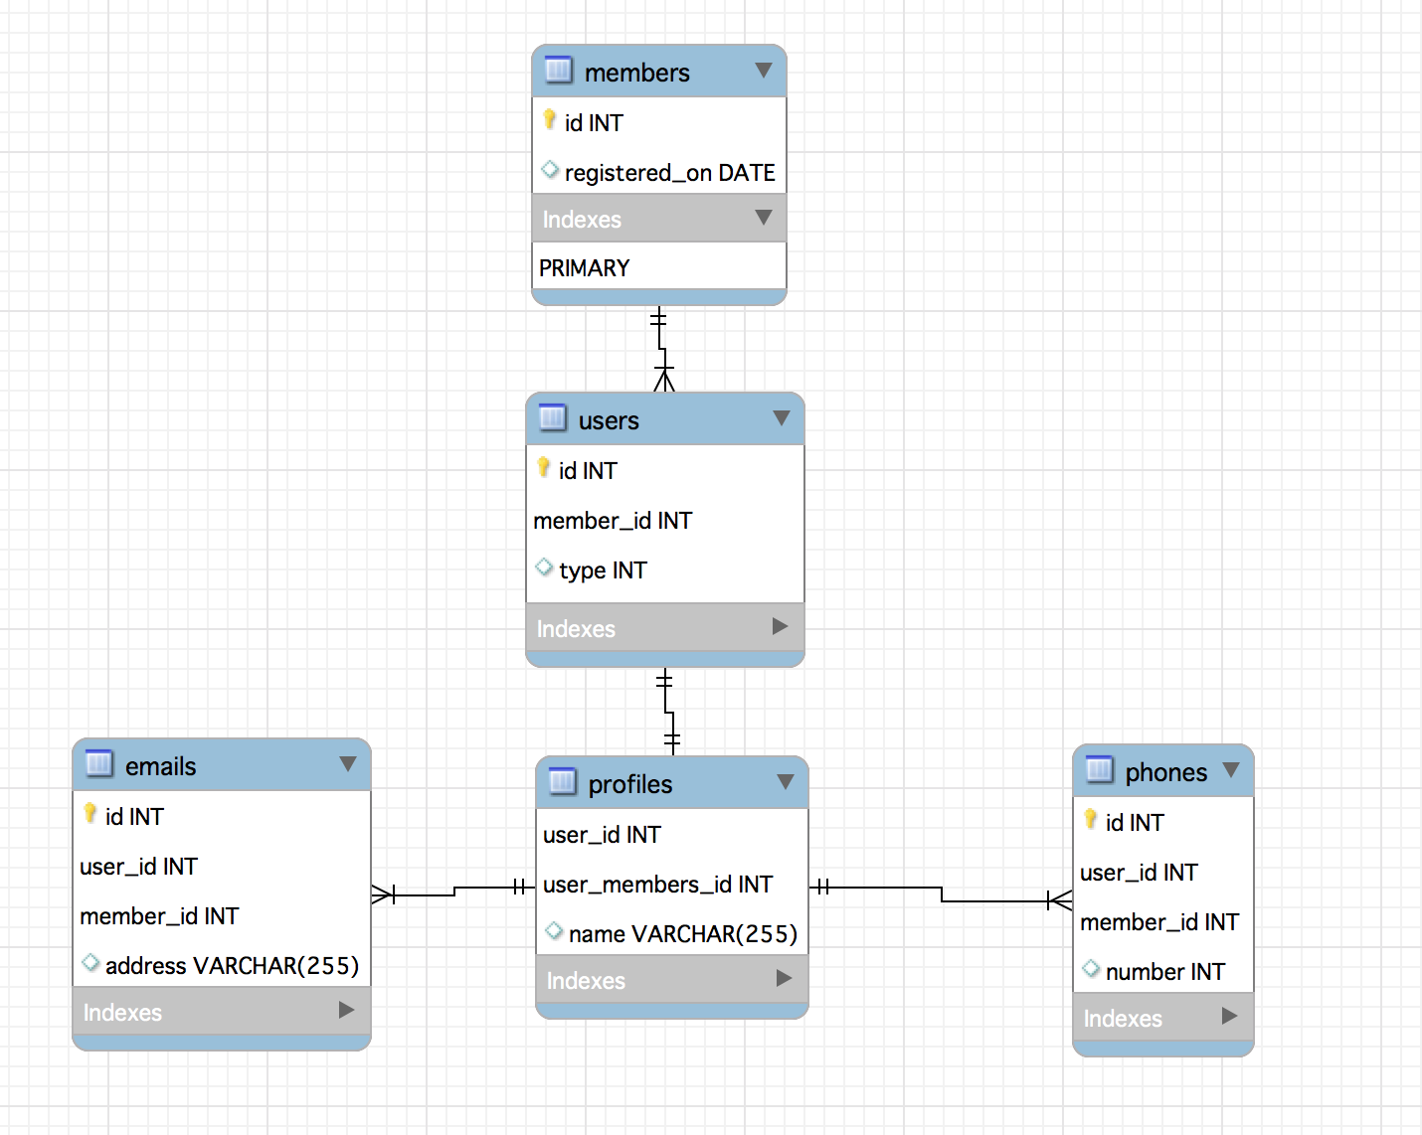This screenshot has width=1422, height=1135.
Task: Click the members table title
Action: point(637,73)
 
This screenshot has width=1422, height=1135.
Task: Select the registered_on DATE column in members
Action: point(669,172)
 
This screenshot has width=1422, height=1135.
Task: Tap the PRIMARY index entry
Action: point(584,268)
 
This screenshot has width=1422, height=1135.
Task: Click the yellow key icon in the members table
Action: point(549,119)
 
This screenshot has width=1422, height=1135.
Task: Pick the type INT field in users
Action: point(603,570)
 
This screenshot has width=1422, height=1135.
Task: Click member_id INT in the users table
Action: point(613,521)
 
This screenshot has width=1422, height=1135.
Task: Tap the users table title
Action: point(609,420)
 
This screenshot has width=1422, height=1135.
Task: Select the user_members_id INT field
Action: point(657,885)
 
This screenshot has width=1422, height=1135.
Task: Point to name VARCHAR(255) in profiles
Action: point(682,934)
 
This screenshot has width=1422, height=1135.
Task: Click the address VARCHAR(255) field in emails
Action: point(232,966)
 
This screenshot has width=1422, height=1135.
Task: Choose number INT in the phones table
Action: point(1165,972)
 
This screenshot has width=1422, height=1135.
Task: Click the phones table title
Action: point(1165,772)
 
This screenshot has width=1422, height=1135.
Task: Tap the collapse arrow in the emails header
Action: point(348,764)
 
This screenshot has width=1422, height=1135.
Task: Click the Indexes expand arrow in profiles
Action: point(784,978)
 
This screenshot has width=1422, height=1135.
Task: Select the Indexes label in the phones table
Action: point(1122,1019)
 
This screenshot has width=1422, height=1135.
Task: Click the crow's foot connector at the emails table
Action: point(383,894)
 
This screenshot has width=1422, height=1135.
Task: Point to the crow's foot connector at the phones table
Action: point(1060,900)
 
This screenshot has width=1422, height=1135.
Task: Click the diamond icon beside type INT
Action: point(544,567)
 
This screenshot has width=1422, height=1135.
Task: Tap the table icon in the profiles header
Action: point(562,781)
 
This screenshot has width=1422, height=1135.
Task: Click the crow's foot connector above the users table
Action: point(664,379)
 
